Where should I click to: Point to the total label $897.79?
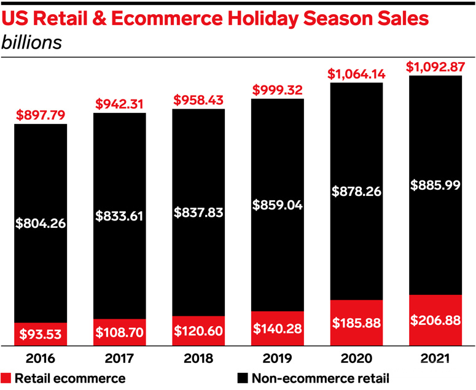point(41,114)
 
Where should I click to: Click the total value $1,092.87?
point(435,66)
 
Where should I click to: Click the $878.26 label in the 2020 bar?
point(356,191)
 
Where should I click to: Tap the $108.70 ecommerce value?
point(120,332)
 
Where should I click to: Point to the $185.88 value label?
point(356,321)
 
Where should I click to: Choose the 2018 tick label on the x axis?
point(198,358)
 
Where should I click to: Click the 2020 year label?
point(356,358)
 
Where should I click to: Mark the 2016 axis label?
point(41,358)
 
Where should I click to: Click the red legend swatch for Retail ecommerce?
point(6,378)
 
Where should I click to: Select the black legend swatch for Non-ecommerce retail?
point(241,378)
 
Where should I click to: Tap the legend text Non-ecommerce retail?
point(319,378)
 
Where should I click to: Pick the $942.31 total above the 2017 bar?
point(120,103)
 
